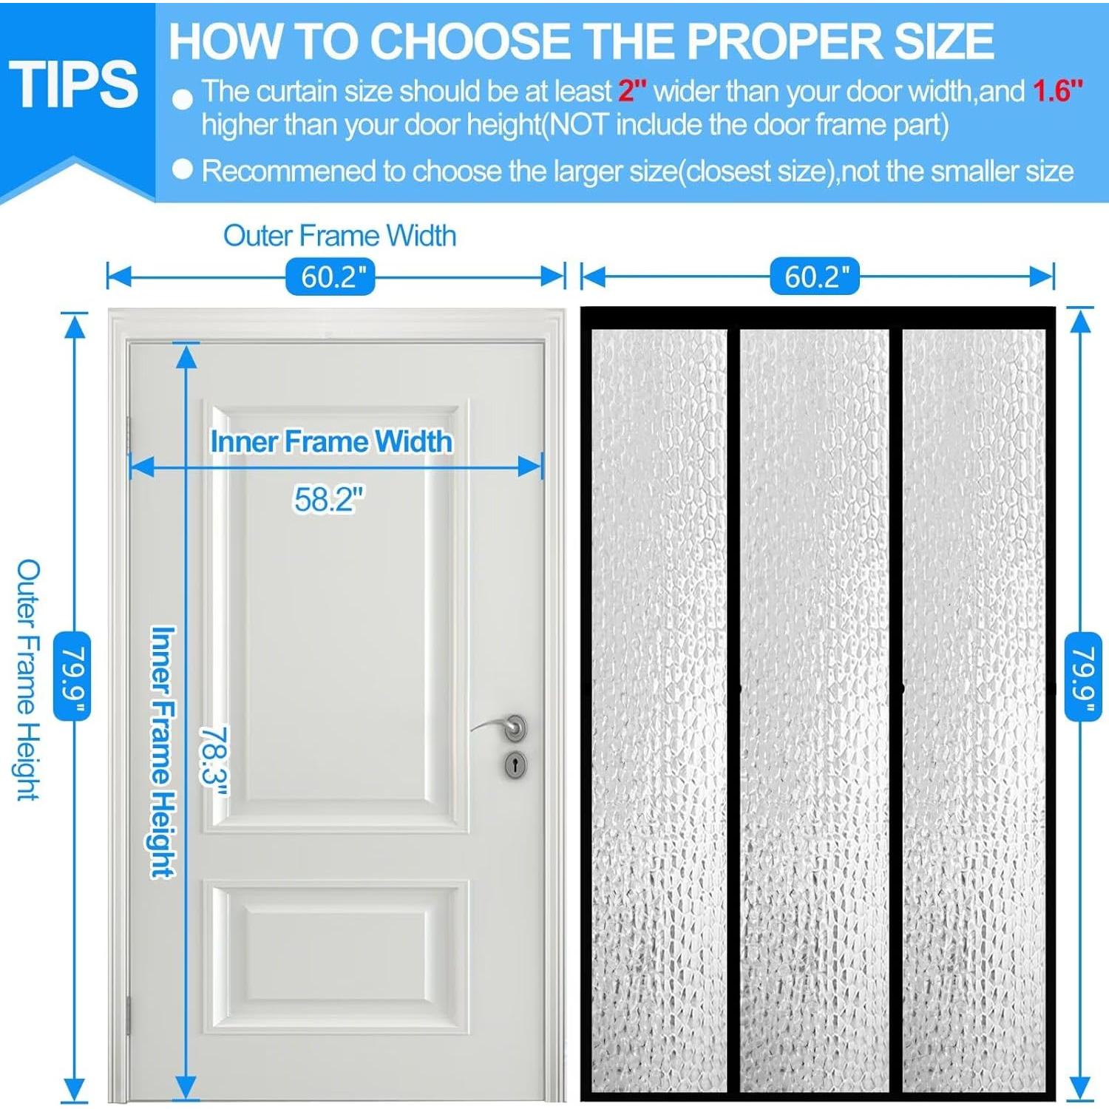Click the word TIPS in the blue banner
[x=73, y=84]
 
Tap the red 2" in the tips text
[x=632, y=91]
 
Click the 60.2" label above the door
[x=330, y=277]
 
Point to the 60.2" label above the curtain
[x=815, y=277]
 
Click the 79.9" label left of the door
[x=72, y=676]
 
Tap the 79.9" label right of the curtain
[x=1083, y=676]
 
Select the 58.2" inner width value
[x=329, y=499]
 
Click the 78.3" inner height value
[x=214, y=762]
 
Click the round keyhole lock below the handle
[x=516, y=764]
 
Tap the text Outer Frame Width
[x=339, y=236]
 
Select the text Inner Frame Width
[x=331, y=441]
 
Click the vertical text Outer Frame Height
[x=28, y=679]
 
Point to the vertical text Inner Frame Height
[x=163, y=752]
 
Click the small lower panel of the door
[x=336, y=956]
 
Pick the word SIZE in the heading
[x=944, y=41]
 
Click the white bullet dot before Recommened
[x=182, y=170]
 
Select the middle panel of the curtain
[x=815, y=710]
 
